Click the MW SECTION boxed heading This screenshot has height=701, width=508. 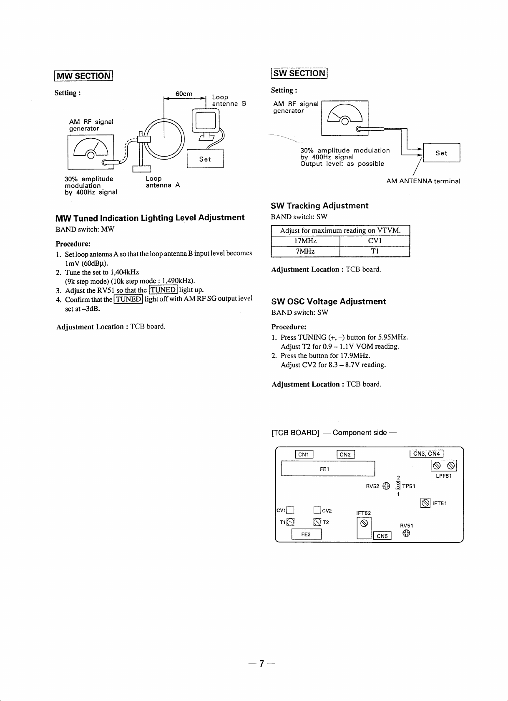pos(83,76)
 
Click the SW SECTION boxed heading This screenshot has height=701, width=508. pos(299,73)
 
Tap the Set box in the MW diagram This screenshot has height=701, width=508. pos(205,159)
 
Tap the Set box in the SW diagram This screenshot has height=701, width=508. pos(441,153)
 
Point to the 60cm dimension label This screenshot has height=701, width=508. pos(184,94)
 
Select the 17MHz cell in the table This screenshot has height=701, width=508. pos(305,241)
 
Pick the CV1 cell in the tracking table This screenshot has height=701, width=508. pos(375,241)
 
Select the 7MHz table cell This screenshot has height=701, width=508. pos(305,252)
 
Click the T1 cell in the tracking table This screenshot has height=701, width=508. pos(375,252)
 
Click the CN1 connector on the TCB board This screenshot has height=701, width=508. pos(304,454)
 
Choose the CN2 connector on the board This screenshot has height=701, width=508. pos(345,454)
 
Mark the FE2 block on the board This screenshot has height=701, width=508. pos(306,534)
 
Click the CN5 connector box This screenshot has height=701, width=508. pos(382,536)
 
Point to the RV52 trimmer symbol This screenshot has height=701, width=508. pos(386,486)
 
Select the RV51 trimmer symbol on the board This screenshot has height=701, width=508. pos(406,534)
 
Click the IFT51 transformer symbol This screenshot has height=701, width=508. pos(425,503)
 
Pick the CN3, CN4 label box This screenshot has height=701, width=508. pos(426,454)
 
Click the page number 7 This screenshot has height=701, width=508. pos(262,664)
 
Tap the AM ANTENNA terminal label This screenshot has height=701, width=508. pos(423,181)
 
